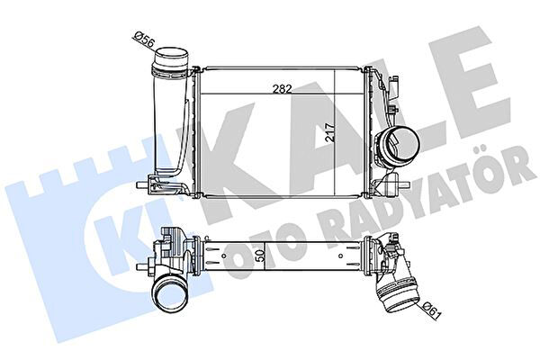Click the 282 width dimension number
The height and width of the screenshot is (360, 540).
click(x=282, y=89)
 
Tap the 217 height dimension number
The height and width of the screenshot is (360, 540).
click(x=330, y=132)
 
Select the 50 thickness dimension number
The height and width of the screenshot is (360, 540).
click(x=261, y=256)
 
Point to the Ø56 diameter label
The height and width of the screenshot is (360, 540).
click(x=145, y=39)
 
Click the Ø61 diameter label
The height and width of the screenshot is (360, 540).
click(x=431, y=310)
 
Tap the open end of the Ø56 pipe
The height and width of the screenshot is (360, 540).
click(x=172, y=56)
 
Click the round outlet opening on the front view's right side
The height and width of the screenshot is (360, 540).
click(x=404, y=144)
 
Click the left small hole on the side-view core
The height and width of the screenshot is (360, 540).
click(x=224, y=256)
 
